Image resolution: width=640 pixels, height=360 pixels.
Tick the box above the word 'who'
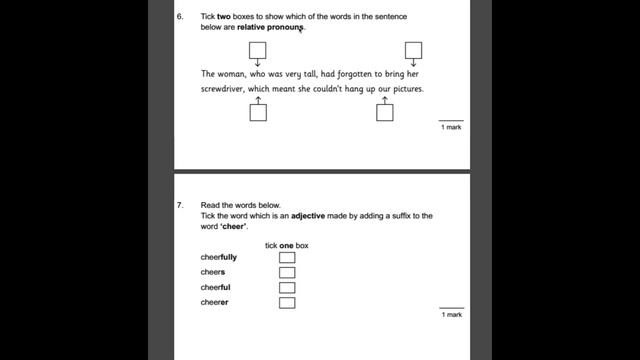(x=258, y=50)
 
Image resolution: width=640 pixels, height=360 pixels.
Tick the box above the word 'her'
(x=413, y=50)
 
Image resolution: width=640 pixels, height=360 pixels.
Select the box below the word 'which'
(x=258, y=112)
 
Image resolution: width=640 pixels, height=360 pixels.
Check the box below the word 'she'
(x=385, y=112)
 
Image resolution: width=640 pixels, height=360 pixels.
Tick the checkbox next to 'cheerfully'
(x=287, y=257)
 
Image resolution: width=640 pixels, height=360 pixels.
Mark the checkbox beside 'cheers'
(x=287, y=272)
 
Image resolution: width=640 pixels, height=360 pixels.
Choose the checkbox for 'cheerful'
(x=287, y=287)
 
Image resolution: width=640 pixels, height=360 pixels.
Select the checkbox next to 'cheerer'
(x=287, y=302)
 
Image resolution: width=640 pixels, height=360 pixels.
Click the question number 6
(x=180, y=17)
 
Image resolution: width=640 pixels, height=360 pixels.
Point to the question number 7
(x=180, y=204)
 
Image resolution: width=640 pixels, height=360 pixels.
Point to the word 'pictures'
(x=404, y=89)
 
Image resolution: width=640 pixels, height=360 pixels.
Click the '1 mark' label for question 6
(x=451, y=128)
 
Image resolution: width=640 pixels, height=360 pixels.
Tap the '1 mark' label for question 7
(x=451, y=315)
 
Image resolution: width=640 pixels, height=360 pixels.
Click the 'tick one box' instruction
(x=286, y=245)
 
